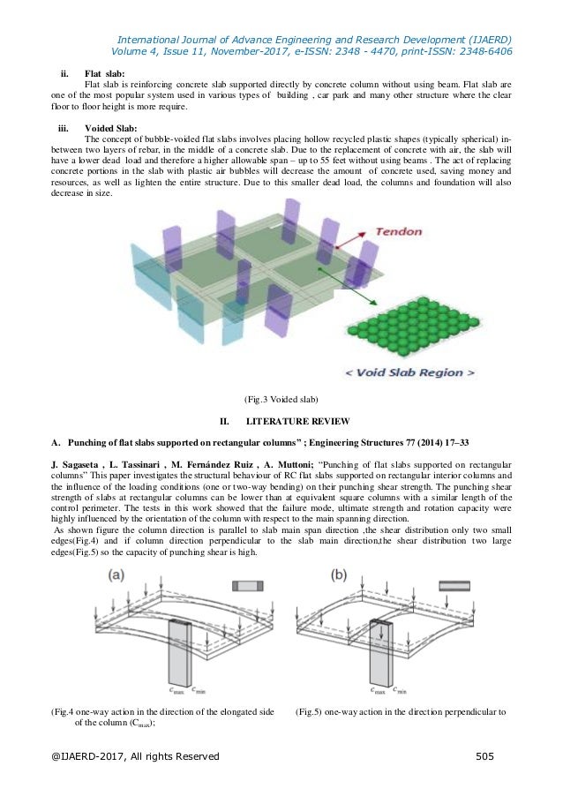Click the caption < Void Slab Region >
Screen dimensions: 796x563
coord(409,372)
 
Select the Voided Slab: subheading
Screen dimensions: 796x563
coord(109,128)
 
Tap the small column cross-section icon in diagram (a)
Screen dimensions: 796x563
coord(246,586)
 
